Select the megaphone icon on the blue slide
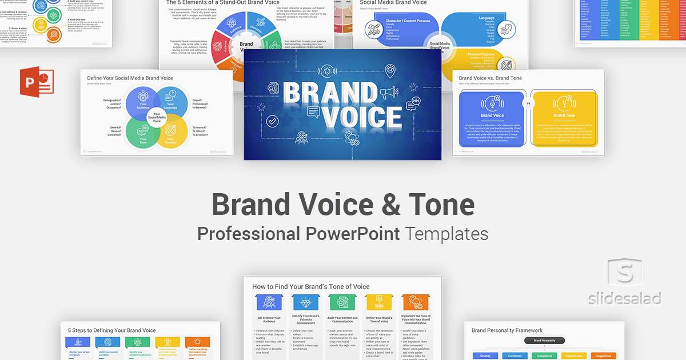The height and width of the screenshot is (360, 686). click(x=387, y=91)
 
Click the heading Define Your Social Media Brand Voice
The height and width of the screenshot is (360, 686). click(x=130, y=78)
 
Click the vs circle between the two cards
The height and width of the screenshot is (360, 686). click(x=528, y=104)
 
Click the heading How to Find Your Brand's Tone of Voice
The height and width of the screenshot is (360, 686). click(x=311, y=286)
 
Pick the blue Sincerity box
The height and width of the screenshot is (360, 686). click(x=481, y=355)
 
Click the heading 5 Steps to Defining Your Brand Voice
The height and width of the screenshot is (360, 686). click(x=112, y=330)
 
